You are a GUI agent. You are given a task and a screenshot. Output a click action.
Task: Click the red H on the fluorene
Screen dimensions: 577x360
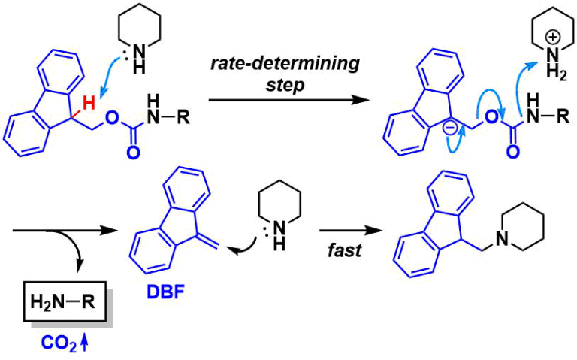(x=89, y=103)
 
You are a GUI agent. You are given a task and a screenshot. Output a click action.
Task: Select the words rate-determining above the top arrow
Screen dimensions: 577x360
(x=285, y=63)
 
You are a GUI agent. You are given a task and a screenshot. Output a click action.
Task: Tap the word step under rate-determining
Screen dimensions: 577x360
(x=285, y=86)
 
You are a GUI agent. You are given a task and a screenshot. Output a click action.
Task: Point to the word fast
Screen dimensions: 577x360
(x=344, y=250)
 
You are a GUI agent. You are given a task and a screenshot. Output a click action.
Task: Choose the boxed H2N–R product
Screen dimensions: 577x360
(x=65, y=302)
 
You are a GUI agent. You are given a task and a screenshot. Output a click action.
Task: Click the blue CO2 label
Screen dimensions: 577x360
(x=59, y=343)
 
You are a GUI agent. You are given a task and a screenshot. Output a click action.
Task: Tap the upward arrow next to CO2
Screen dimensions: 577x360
(x=84, y=343)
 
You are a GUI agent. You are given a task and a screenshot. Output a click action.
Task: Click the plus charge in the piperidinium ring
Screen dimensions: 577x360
(x=554, y=37)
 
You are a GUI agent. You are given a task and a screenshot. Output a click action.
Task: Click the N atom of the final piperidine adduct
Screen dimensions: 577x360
(x=502, y=240)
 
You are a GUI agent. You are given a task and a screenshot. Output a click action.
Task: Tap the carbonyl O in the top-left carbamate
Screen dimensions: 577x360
(x=133, y=152)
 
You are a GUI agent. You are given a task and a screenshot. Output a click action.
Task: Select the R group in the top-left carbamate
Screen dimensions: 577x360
(x=183, y=117)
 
